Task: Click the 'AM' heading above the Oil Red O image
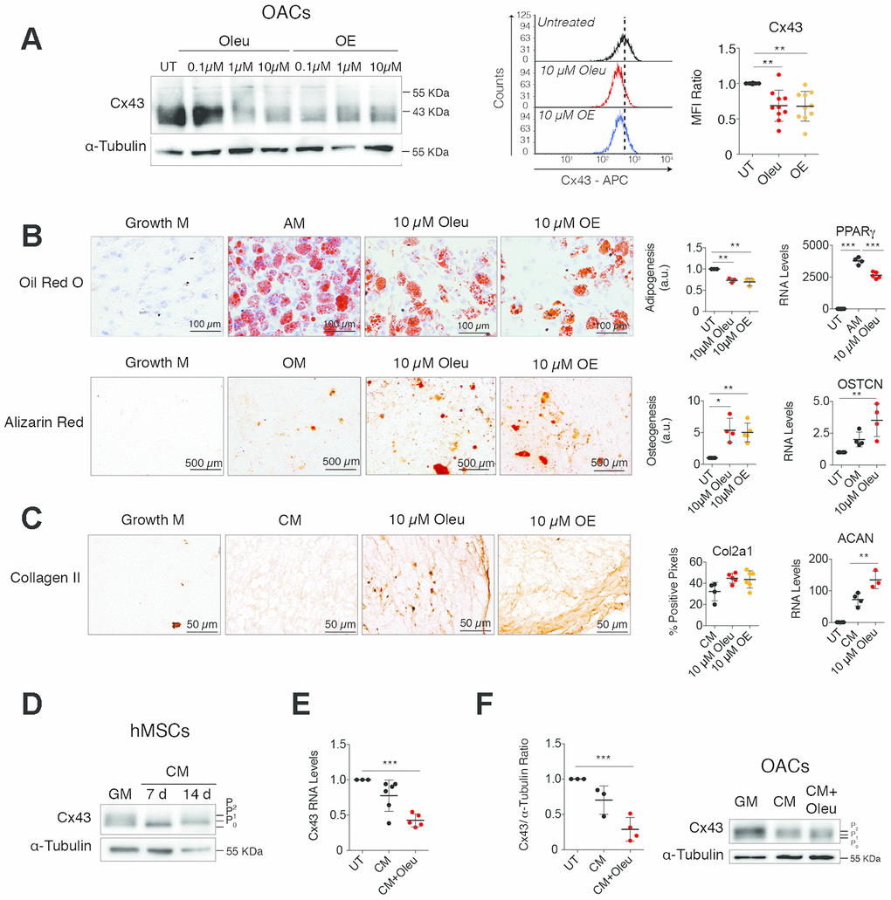293,222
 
